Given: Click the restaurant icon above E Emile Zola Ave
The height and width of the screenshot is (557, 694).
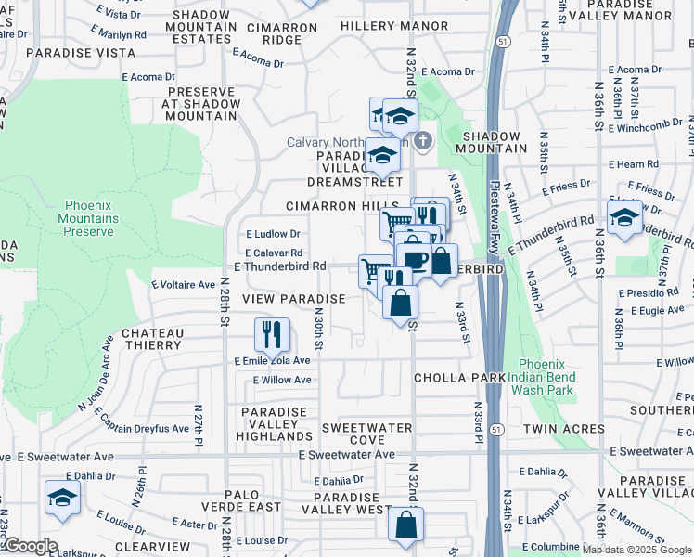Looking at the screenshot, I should click(272, 332).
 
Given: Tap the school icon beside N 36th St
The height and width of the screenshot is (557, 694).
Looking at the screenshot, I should click(624, 217).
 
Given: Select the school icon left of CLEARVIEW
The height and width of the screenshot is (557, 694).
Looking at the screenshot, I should click(62, 498).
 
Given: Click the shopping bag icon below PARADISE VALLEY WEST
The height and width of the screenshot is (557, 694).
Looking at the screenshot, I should click(405, 524).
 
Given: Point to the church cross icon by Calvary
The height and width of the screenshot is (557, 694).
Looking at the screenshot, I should click(423, 141).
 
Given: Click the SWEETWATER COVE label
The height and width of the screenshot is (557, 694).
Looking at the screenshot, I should click(366, 433).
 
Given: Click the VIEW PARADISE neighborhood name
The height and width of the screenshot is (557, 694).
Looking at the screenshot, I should click(293, 299).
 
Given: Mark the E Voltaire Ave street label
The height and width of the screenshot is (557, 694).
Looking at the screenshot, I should click(183, 284).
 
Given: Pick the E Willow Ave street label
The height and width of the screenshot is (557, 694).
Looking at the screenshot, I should click(282, 381).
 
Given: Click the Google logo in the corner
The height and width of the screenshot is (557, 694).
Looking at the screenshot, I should click(30, 546).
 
